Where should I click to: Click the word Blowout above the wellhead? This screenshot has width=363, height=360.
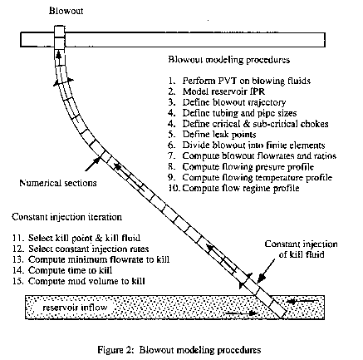tap(66, 11)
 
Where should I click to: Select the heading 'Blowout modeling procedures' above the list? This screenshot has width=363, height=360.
tap(229, 60)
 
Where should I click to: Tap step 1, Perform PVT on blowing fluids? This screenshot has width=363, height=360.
tap(239, 81)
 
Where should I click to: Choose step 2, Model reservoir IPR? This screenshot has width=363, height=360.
tap(217, 91)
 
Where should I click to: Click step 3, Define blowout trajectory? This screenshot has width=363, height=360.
tap(227, 102)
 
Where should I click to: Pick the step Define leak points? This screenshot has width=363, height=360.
tap(212, 135)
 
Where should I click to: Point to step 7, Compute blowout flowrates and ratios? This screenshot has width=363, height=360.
tap(253, 155)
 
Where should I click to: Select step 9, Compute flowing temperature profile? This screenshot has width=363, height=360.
tap(250, 177)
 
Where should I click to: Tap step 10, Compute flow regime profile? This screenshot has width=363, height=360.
tap(234, 188)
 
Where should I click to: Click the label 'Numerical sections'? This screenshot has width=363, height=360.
tap(58, 183)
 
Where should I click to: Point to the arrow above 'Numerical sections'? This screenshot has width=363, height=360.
tap(93, 164)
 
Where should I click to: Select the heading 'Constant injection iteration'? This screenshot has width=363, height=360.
tap(66, 217)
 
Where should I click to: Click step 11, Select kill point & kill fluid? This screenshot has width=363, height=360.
tap(76, 238)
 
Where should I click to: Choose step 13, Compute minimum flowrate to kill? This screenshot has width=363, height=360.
tap(91, 259)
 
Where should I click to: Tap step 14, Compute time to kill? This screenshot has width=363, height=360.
tap(62, 270)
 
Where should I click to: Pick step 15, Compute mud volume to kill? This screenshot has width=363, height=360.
tap(79, 281)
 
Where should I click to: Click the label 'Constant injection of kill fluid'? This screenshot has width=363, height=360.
tap(302, 249)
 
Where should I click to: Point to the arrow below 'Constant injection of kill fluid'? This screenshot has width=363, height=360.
tap(267, 271)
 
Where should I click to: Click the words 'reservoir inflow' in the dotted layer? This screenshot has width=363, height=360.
tap(75, 308)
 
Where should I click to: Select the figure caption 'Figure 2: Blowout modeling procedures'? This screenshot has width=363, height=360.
tap(179, 350)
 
